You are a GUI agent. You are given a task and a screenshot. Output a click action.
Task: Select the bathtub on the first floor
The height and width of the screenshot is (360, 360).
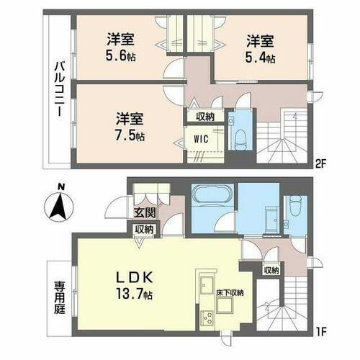pos(212,197)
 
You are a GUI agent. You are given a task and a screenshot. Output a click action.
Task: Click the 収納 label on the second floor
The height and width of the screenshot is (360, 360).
pos(204,116)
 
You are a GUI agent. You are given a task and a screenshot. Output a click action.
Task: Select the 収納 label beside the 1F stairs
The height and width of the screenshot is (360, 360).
pos(271,271)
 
